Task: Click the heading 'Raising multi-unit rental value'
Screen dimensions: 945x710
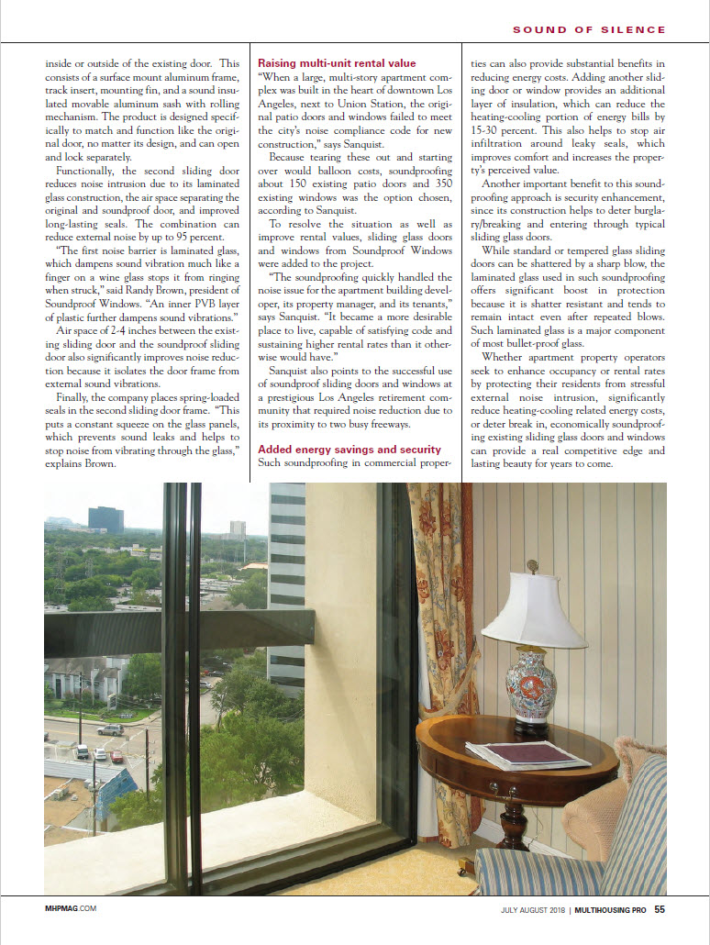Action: coord(337,63)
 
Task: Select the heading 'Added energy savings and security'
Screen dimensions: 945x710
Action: coord(349,449)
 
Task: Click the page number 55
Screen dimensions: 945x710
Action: coord(660,910)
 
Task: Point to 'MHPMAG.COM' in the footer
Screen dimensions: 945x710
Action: coord(71,909)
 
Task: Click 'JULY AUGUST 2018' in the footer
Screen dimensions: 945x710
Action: coord(533,910)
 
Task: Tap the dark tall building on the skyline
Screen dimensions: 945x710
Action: coord(105,519)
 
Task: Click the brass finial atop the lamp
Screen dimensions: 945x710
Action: coord(533,567)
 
